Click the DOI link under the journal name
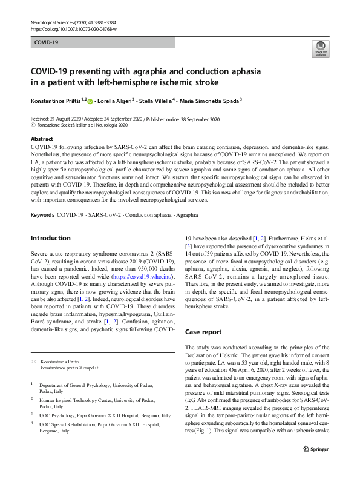[x=73, y=28]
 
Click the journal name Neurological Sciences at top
[x=51, y=22]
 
